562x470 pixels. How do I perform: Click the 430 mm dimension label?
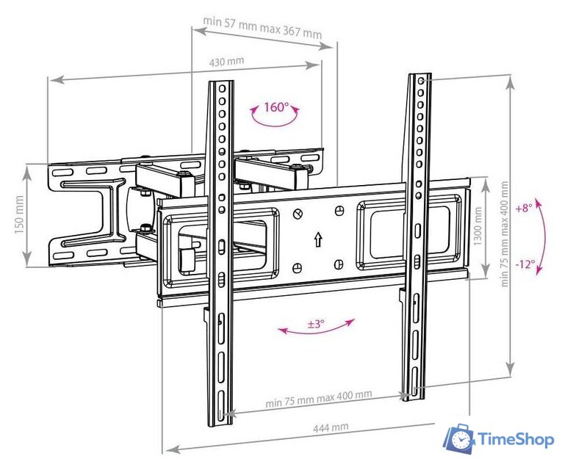click(x=226, y=61)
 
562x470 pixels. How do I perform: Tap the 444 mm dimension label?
click(x=331, y=427)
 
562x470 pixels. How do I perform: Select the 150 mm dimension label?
click(x=19, y=215)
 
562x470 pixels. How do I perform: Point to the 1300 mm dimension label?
click(x=478, y=227)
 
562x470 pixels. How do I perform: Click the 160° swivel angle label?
click(x=276, y=106)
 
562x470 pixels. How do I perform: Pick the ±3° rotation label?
click(x=316, y=324)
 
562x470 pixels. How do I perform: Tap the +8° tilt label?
click(x=524, y=208)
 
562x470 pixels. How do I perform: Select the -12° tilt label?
click(x=525, y=264)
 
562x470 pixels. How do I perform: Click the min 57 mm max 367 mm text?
click(x=262, y=27)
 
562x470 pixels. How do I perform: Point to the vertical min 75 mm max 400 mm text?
click(x=504, y=234)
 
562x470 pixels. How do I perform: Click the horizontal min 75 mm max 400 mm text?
click(x=319, y=398)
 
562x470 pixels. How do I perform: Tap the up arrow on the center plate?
click(x=317, y=239)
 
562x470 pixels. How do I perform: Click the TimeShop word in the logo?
click(x=516, y=440)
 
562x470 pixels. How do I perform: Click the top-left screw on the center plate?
click(x=298, y=214)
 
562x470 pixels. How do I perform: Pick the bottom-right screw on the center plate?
click(x=339, y=264)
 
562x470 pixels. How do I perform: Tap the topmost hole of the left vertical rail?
click(x=222, y=88)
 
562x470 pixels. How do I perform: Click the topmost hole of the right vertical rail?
click(x=422, y=81)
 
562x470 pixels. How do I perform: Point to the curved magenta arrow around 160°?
click(x=275, y=117)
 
